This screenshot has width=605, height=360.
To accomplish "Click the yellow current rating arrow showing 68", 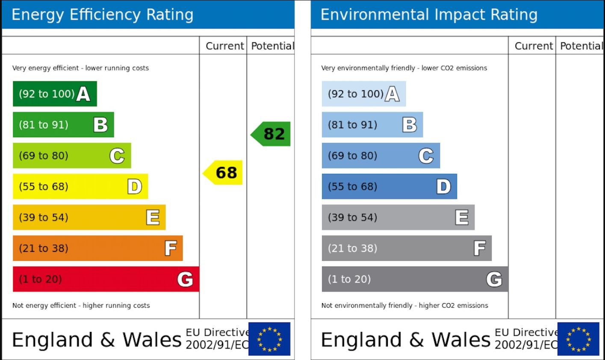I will pyautogui.click(x=224, y=173).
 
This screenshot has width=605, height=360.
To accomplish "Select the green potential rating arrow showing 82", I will pyautogui.click(x=272, y=134).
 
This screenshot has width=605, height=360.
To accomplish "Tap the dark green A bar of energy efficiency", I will pyautogui.click(x=55, y=94).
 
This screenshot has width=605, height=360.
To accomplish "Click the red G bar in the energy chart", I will pyautogui.click(x=106, y=279).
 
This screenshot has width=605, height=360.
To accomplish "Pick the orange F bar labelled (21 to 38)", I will pyautogui.click(x=97, y=248).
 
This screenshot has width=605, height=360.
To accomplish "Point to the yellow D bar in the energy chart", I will pyautogui.click(x=80, y=186).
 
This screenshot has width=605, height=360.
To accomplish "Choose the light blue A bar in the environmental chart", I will pyautogui.click(x=363, y=94).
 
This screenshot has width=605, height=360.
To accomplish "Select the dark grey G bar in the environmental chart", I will pyautogui.click(x=415, y=279).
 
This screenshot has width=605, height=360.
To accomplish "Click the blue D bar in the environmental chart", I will pyautogui.click(x=389, y=186).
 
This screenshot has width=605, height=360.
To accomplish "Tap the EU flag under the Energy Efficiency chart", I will pyautogui.click(x=269, y=339).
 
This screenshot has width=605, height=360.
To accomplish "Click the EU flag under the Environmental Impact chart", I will pyautogui.click(x=578, y=339).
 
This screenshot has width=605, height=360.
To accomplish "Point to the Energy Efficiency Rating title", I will pyautogui.click(x=103, y=15).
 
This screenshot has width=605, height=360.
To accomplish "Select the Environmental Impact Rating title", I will pyautogui.click(x=429, y=15).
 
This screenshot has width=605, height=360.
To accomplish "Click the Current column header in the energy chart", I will pyautogui.click(x=225, y=46).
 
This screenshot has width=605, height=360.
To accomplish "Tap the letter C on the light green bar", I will pyautogui.click(x=117, y=156).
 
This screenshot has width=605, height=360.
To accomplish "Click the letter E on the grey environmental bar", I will pyautogui.click(x=462, y=217).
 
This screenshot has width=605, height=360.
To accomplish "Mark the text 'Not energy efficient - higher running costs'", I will pyautogui.click(x=81, y=305).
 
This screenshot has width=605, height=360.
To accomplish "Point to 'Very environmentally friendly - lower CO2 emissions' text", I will pyautogui.click(x=404, y=68).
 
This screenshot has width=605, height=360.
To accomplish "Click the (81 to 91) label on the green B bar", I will pyautogui.click(x=44, y=125).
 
